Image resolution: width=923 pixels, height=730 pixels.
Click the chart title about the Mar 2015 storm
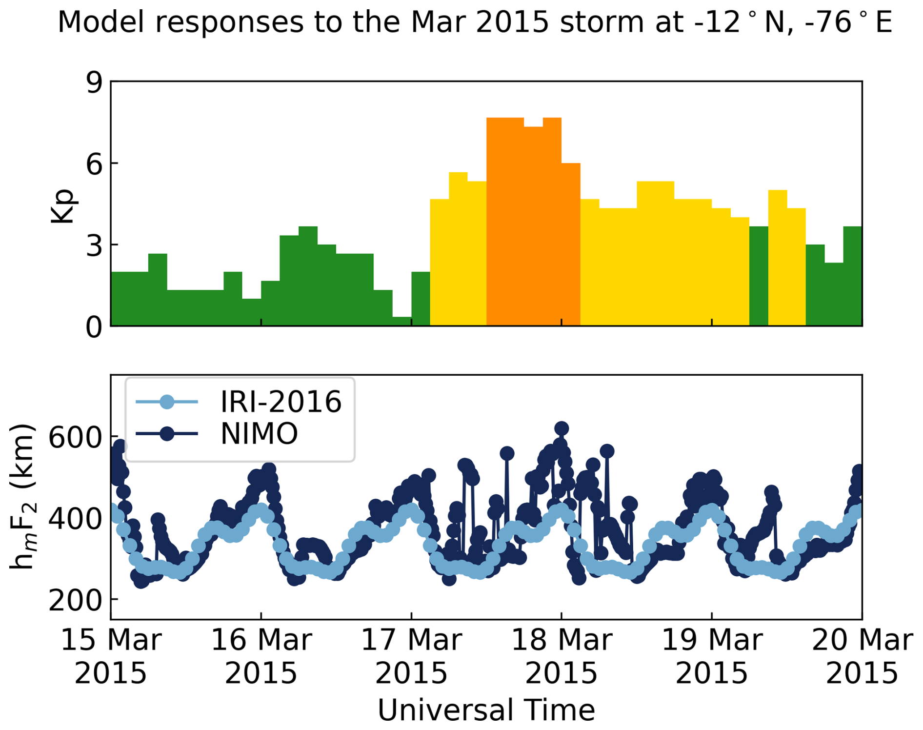pos(475,22)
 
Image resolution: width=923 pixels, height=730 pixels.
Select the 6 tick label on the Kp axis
pos(94,164)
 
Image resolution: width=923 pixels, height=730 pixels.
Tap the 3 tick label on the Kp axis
pos(94,246)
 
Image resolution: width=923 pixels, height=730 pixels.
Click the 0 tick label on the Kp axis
pos(94,327)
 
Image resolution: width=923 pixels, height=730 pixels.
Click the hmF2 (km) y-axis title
pos(22,497)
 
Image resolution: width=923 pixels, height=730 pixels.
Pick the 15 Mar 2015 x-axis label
pos(111,657)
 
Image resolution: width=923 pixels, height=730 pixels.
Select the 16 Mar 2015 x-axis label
pos(261,657)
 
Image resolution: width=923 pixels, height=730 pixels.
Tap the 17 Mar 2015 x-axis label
pos(411,657)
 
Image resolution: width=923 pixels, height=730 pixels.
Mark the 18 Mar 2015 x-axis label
pos(562,657)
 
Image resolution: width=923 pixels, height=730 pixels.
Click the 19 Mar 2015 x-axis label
pos(712,657)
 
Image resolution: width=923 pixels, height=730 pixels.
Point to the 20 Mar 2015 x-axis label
pos(862,657)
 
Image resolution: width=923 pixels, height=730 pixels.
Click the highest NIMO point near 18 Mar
pos(562,428)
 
